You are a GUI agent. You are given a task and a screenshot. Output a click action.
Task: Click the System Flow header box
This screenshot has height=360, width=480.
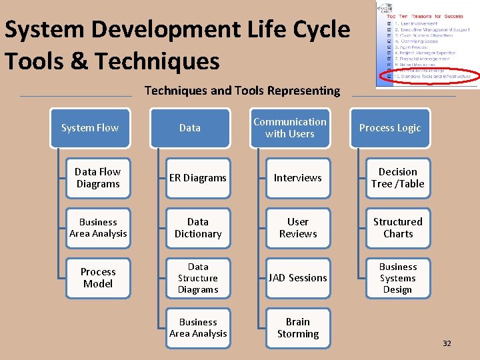[x=89, y=128]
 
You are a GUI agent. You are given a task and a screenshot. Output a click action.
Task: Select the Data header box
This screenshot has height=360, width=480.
[x=190, y=128]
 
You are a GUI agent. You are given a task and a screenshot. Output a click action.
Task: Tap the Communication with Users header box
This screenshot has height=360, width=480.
[x=290, y=128]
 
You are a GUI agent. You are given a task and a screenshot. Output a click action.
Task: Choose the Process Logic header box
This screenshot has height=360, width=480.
[x=390, y=128]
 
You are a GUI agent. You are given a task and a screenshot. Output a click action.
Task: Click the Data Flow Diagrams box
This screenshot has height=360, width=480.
[x=98, y=178]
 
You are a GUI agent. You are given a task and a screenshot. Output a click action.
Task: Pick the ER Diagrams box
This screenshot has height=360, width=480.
[x=198, y=178]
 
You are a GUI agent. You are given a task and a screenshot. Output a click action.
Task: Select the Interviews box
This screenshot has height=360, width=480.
[x=298, y=178]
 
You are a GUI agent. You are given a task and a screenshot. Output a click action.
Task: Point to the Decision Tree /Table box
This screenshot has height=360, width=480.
[x=398, y=178]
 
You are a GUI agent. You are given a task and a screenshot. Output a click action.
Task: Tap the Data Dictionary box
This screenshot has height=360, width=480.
[x=198, y=228]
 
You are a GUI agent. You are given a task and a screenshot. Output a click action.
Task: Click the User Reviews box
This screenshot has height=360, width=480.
[x=298, y=228]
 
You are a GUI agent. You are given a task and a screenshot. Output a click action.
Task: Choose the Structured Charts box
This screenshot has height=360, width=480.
[x=398, y=228]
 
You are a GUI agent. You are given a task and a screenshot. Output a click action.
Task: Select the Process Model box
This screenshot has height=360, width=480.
[x=98, y=278]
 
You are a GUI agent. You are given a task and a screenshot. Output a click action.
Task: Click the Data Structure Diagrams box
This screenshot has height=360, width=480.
[x=198, y=278]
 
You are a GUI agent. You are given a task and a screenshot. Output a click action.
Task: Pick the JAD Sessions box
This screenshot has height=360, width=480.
[x=298, y=278]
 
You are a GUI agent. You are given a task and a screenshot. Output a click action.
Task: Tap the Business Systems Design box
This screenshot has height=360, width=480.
[x=398, y=278]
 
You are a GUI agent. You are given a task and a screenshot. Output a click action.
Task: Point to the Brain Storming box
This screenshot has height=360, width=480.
[x=298, y=328]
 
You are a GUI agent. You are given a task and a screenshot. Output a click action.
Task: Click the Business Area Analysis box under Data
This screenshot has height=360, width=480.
[x=198, y=328]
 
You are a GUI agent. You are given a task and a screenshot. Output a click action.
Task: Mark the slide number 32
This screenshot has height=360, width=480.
[x=447, y=343]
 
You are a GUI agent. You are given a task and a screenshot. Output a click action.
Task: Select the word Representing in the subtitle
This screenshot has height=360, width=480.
[x=305, y=91]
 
